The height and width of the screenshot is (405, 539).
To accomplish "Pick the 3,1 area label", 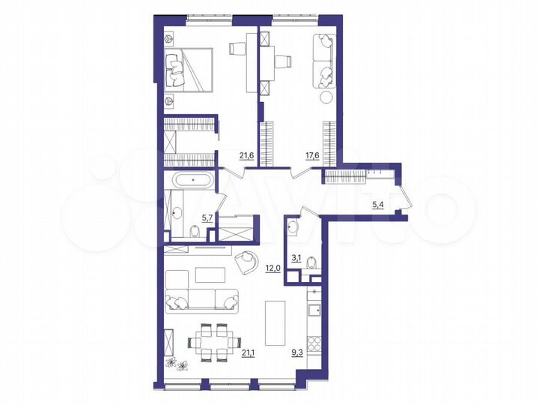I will point(296,259).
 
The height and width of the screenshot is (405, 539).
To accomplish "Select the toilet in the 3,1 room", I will point(313,262).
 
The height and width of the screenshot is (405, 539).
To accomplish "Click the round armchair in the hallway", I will point(246,260).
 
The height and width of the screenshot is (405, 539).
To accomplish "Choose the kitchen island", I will point(274,322).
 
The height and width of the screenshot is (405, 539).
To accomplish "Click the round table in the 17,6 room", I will point(326,97).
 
